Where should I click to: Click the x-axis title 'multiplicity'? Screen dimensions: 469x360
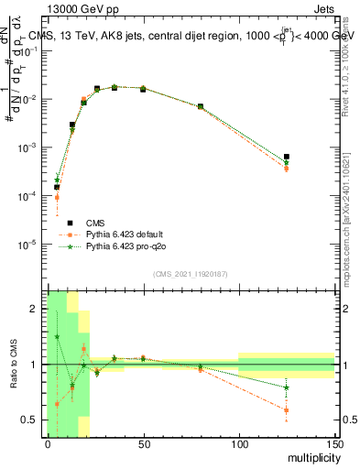pyautogui.click(x=308, y=458)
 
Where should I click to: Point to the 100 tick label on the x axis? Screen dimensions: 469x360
pyautogui.click(x=239, y=444)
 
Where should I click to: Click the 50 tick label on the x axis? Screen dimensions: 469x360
pyautogui.click(x=144, y=444)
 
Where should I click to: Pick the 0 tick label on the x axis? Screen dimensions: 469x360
pyautogui.click(x=49, y=444)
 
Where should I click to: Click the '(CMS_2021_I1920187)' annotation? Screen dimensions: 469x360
pyautogui.click(x=190, y=273)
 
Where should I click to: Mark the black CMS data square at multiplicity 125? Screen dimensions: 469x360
pyautogui.click(x=287, y=157)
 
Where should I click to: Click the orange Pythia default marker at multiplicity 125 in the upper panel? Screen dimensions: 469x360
pyautogui.click(x=287, y=169)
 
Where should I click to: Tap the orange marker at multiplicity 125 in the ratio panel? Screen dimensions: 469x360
pyautogui.click(x=287, y=409)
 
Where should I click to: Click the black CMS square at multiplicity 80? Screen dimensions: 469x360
pyautogui.click(x=201, y=107)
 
